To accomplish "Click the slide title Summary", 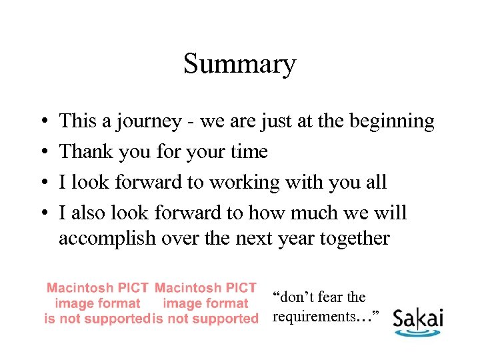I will (x=239, y=65).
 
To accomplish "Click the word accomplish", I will (x=108, y=239).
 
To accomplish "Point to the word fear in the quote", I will (x=328, y=297).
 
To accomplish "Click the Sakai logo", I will (x=417, y=321).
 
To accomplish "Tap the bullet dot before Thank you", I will (x=42, y=153).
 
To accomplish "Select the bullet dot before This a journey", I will (x=42, y=123).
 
